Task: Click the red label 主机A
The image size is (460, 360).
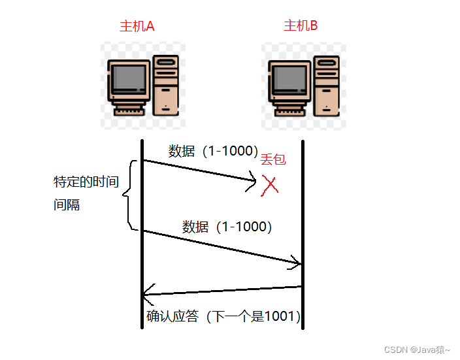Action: pyautogui.click(x=137, y=26)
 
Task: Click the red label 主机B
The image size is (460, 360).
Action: pyautogui.click(x=301, y=25)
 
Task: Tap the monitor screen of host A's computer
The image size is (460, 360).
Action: pyautogui.click(x=129, y=78)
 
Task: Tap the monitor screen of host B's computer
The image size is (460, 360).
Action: pyautogui.click(x=290, y=78)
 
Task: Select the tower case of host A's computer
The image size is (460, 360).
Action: pyautogui.click(x=166, y=85)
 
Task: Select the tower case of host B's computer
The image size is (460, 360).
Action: pyautogui.click(x=327, y=86)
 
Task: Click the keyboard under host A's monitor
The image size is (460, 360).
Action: pyautogui.click(x=129, y=112)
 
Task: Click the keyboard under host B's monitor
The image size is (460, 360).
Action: pyautogui.click(x=290, y=112)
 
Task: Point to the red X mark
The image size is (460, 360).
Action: pyautogui.click(x=270, y=186)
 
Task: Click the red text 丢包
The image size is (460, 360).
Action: pyautogui.click(x=273, y=159)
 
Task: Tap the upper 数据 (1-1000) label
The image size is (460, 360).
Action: pyautogui.click(x=213, y=151)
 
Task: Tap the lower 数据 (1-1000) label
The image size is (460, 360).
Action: pyautogui.click(x=227, y=227)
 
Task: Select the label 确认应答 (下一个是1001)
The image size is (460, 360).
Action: pyautogui.click(x=223, y=316)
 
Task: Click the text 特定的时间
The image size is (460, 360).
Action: pyautogui.click(x=86, y=182)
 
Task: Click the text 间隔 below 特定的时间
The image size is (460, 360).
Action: pyautogui.click(x=67, y=205)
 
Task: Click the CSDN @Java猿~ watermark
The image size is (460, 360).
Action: pyautogui.click(x=417, y=350)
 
